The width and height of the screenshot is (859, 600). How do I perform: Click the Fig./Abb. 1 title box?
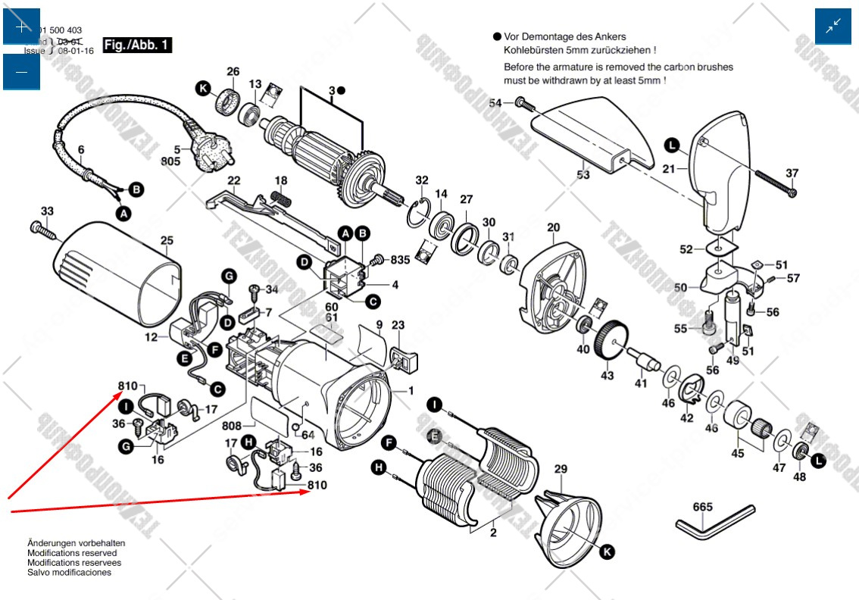137,45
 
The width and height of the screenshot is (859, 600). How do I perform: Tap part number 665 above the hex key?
703,507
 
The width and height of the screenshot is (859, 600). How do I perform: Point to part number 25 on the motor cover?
167,241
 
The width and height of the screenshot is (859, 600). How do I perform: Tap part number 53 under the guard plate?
583,175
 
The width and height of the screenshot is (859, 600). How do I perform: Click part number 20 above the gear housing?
553,227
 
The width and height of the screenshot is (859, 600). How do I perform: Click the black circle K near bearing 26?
203,89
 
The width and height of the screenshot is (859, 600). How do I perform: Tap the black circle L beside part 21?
671,144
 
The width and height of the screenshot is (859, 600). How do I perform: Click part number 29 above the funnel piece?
560,470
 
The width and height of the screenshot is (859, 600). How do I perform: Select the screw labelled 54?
520,102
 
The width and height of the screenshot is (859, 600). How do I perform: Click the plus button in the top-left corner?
21,27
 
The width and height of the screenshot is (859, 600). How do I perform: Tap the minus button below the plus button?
21,72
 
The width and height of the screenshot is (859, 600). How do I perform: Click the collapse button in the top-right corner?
833,27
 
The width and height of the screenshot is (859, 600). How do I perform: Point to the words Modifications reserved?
72,553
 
